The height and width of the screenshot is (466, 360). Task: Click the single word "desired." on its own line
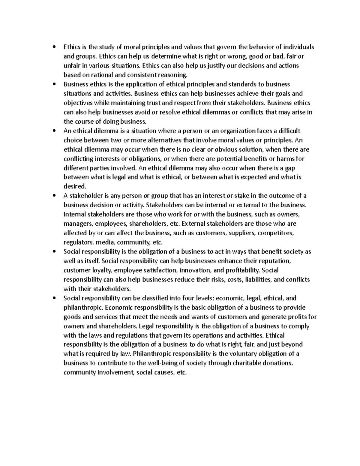(75, 186)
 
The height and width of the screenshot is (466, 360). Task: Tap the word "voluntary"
(239, 354)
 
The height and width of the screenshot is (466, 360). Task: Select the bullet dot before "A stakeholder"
(54, 196)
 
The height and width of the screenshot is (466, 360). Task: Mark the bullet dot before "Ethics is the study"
(54, 47)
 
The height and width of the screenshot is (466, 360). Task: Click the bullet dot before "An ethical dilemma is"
(54, 131)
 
